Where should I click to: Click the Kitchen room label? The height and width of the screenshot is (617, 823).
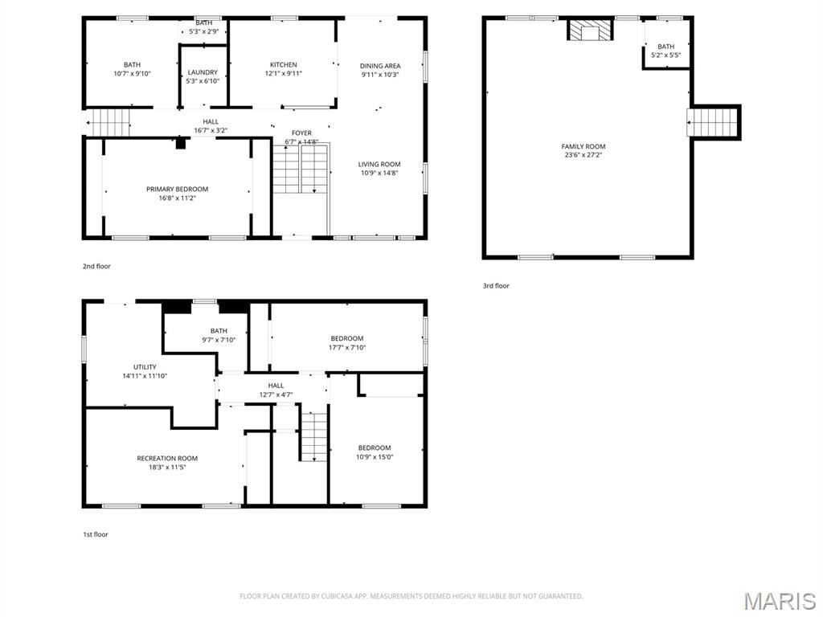tap(283, 65)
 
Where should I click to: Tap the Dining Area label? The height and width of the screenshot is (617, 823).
tap(380, 66)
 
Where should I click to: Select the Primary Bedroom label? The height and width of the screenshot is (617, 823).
tap(177, 190)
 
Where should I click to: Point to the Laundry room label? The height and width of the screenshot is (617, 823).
tap(203, 72)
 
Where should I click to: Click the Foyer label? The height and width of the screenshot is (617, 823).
tap(301, 133)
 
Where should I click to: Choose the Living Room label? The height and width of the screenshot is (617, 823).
tap(379, 164)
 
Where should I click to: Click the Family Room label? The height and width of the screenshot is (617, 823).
tap(583, 146)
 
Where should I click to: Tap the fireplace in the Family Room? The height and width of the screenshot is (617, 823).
tap(591, 31)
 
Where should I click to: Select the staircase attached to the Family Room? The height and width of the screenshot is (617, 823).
tap(714, 123)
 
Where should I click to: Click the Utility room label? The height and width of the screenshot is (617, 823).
tap(145, 367)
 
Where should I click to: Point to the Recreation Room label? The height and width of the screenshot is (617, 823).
tap(167, 459)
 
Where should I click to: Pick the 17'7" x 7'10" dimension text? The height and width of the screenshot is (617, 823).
tap(347, 348)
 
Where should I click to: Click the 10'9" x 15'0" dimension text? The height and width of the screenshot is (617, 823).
tap(375, 456)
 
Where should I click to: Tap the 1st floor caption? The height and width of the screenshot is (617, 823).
tap(95, 534)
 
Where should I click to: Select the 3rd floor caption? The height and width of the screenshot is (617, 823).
tap(496, 286)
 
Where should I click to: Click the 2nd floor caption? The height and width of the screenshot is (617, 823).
tap(96, 266)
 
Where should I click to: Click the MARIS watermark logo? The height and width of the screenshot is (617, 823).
tap(780, 601)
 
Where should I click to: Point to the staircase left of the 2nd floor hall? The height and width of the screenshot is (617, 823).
tap(109, 123)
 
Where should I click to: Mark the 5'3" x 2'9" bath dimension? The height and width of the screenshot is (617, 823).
tap(203, 31)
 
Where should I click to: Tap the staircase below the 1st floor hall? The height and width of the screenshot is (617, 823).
tap(313, 435)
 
